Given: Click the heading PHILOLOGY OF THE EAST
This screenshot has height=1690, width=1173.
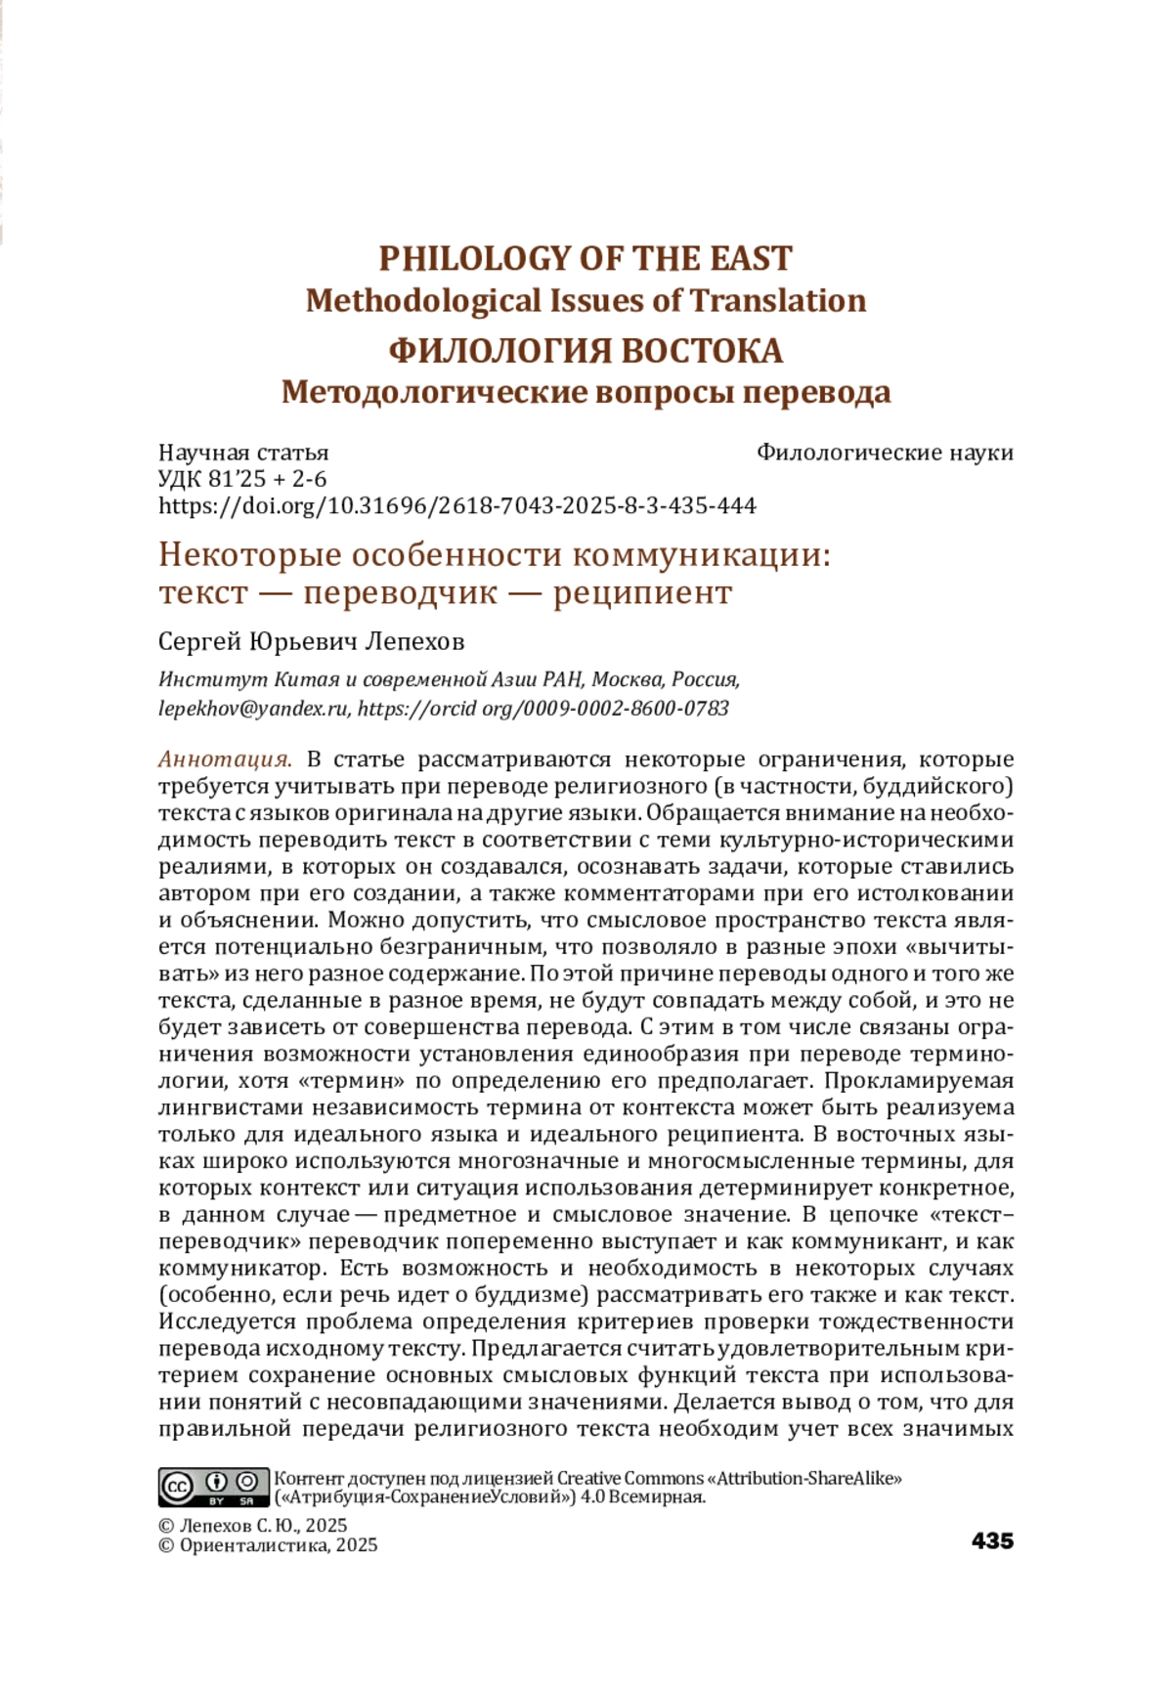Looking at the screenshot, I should (x=585, y=259).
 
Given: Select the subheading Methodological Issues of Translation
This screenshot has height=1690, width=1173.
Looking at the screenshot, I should (x=585, y=301).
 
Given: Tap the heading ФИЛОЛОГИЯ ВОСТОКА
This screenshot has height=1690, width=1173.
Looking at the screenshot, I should (x=585, y=350).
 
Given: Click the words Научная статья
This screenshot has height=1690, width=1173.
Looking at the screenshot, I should (x=243, y=453).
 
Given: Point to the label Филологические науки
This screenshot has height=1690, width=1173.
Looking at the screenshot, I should (x=885, y=453).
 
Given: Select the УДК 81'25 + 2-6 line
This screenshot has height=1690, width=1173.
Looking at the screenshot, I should (x=242, y=479).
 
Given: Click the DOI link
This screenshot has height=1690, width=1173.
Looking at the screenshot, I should (x=457, y=505).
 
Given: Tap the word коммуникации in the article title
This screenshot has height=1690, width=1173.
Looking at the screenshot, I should (x=701, y=555).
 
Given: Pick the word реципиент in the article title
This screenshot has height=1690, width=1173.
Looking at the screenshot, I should (x=642, y=593).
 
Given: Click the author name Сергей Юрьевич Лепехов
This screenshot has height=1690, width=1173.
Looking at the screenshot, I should (x=311, y=642).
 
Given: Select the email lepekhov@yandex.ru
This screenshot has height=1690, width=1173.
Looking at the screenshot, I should (x=253, y=709).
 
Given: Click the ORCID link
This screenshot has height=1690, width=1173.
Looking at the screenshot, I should (x=543, y=709).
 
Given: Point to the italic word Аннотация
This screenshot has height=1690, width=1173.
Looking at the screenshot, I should (x=225, y=759).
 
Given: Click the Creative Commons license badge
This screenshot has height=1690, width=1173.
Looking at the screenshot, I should (x=213, y=1487).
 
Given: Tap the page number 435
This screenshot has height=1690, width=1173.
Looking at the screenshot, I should (x=992, y=1541).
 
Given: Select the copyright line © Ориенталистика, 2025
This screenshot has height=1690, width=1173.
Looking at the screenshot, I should (x=268, y=1545).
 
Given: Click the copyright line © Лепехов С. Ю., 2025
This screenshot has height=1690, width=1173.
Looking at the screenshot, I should (x=252, y=1526).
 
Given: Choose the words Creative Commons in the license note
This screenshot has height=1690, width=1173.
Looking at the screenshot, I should (x=630, y=1478).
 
